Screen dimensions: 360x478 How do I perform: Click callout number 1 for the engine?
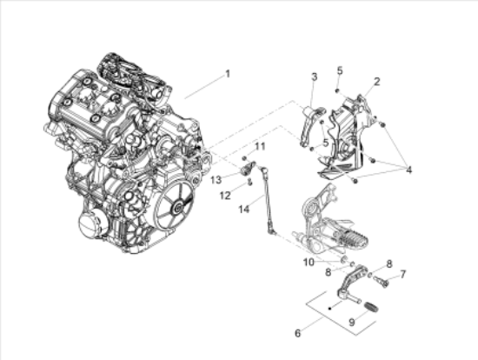click(x=228, y=74)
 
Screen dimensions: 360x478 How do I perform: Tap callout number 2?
click(x=376, y=82)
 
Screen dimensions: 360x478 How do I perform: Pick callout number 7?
click(x=402, y=273)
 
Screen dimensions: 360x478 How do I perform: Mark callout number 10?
click(x=309, y=261)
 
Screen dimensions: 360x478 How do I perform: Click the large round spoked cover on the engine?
click(x=176, y=206)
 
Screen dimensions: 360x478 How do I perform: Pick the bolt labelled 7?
click(x=382, y=280)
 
